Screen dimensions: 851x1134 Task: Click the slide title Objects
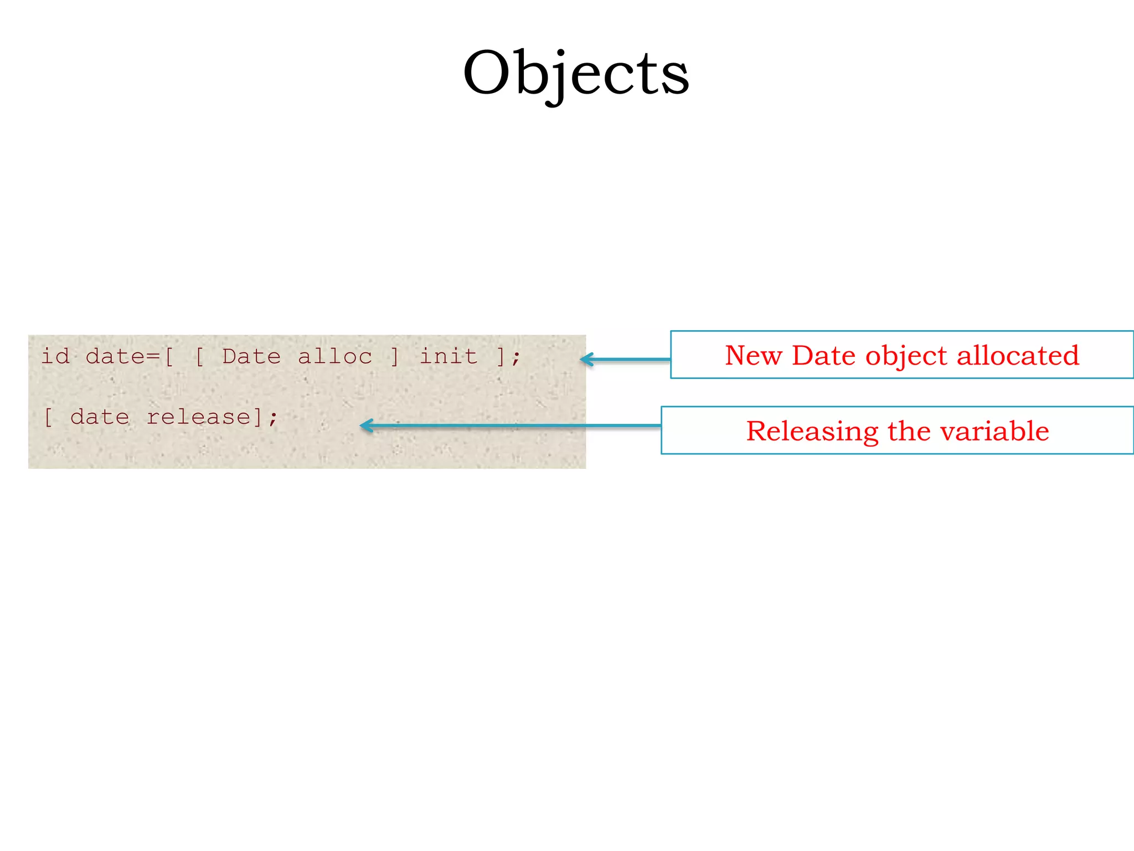click(x=576, y=74)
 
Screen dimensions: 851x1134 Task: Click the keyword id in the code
click(x=55, y=356)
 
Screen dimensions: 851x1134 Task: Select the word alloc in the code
click(x=335, y=356)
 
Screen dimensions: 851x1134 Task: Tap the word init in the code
click(x=448, y=356)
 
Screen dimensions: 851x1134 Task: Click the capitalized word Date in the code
click(x=251, y=356)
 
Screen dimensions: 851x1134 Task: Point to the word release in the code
click(x=199, y=417)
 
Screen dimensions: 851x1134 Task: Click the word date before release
click(x=100, y=417)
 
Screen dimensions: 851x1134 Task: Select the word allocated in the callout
click(x=1018, y=355)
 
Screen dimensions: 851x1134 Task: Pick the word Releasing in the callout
click(x=812, y=432)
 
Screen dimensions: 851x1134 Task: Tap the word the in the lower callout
click(x=910, y=430)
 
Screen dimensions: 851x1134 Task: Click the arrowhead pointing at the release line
click(x=366, y=425)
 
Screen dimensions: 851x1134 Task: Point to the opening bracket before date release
click(x=49, y=417)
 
